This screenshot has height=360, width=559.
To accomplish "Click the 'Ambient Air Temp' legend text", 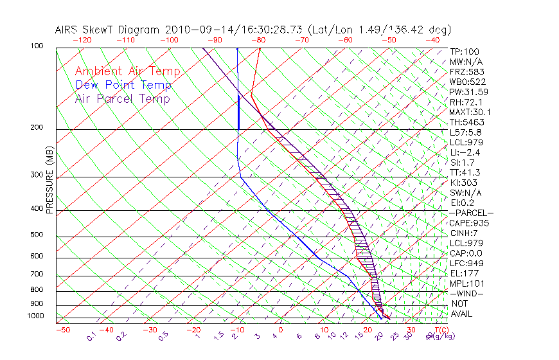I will (127, 71).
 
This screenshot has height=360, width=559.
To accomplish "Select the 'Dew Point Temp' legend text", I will (123, 85).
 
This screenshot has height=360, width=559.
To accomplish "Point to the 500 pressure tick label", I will (37, 235).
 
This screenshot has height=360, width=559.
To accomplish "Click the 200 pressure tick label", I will (37, 128).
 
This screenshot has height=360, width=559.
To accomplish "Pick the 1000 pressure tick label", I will (35, 316).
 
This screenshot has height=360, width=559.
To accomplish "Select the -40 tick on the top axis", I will (432, 40).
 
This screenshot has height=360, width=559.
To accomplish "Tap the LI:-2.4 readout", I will (465, 152).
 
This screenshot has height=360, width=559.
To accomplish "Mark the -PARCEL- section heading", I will (472, 213).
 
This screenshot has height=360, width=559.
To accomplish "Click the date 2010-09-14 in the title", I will (193, 30).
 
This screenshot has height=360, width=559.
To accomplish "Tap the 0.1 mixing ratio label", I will (92, 336).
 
